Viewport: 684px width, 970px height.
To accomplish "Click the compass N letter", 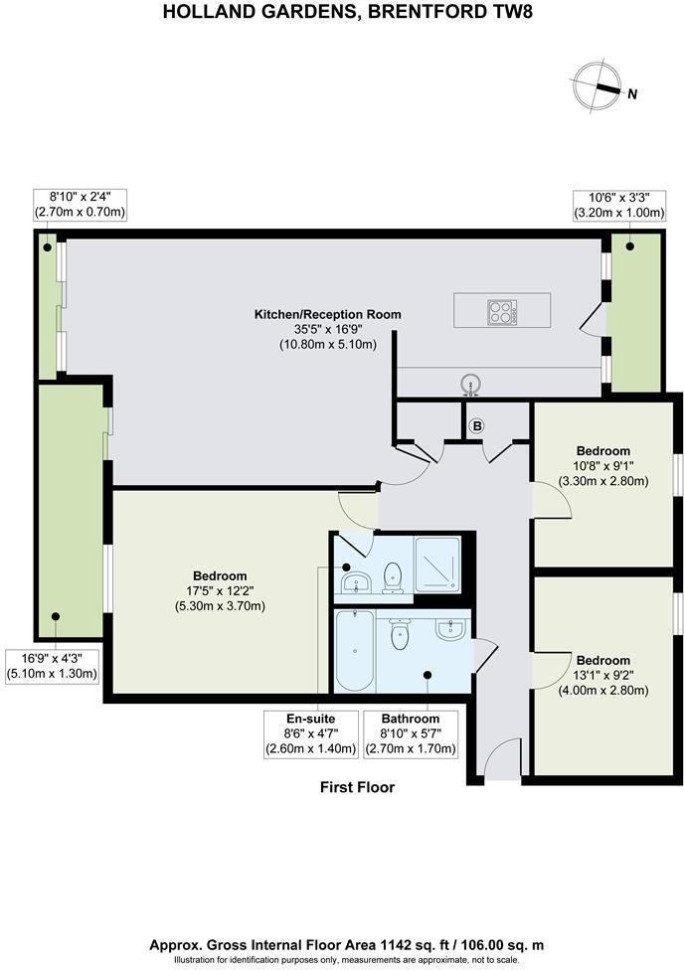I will [x=632, y=93].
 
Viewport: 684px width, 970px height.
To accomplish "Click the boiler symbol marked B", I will [x=476, y=426].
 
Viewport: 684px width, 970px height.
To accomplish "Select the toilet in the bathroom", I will [x=401, y=632].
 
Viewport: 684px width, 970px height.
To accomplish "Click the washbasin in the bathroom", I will [x=451, y=628].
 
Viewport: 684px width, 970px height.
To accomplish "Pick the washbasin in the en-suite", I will [x=354, y=580].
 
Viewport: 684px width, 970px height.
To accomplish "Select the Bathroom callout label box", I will [x=412, y=732].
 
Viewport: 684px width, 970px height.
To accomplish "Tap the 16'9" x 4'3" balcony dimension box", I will [x=53, y=665].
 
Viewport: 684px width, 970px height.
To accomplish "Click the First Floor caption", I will [x=357, y=787].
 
